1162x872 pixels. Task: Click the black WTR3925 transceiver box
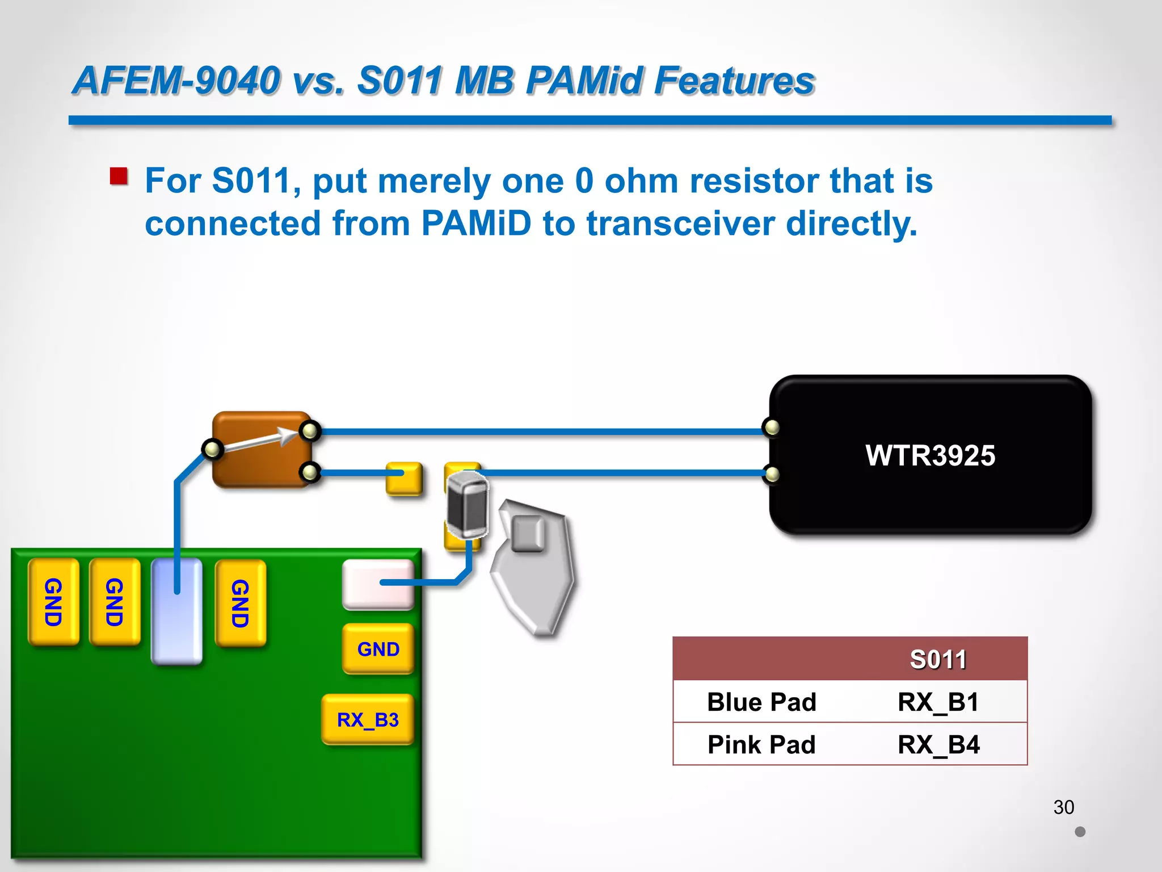(x=931, y=455)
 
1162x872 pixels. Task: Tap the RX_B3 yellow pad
(x=368, y=719)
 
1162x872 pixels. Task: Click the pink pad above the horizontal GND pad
(x=378, y=584)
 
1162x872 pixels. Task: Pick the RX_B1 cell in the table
(x=938, y=702)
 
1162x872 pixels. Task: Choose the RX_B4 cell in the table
(x=938, y=744)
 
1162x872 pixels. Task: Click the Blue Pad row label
(x=761, y=702)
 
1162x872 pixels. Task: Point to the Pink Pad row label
(x=761, y=744)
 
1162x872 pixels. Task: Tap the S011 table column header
(x=938, y=659)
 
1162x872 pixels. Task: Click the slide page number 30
(x=1064, y=807)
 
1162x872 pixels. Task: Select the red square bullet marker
(x=119, y=176)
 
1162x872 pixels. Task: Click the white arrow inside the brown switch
(x=261, y=441)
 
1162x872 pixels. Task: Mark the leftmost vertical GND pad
(x=53, y=602)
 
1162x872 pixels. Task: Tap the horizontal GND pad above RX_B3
(x=378, y=648)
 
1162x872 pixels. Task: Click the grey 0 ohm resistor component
(x=467, y=505)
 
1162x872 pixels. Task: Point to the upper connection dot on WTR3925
(x=772, y=427)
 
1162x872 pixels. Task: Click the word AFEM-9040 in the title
(x=177, y=80)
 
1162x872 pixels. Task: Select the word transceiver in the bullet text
(x=680, y=223)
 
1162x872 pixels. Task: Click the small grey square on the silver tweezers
(x=528, y=533)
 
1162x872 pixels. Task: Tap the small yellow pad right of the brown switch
(x=404, y=478)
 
